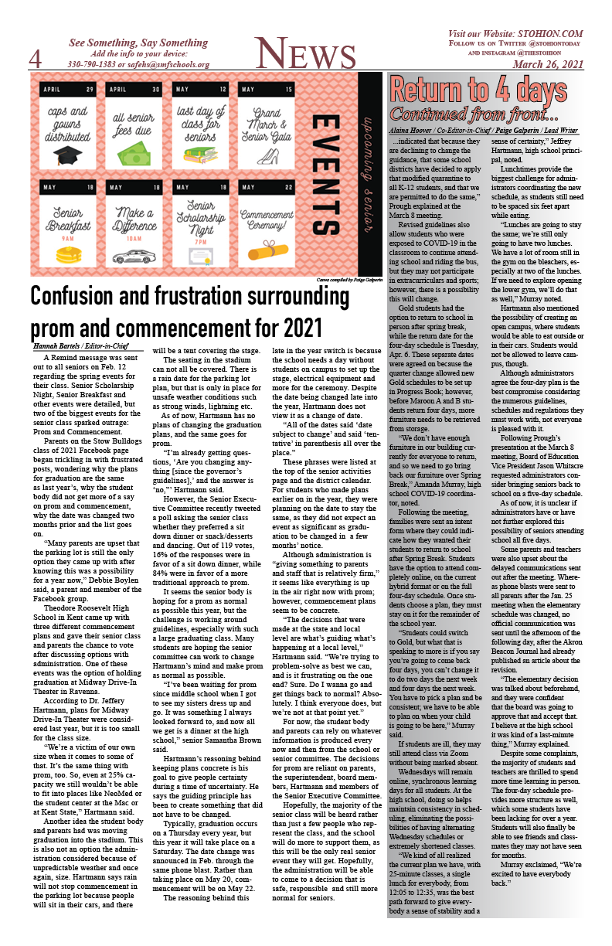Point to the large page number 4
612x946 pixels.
(x=36, y=59)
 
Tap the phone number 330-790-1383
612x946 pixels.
(x=93, y=64)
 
